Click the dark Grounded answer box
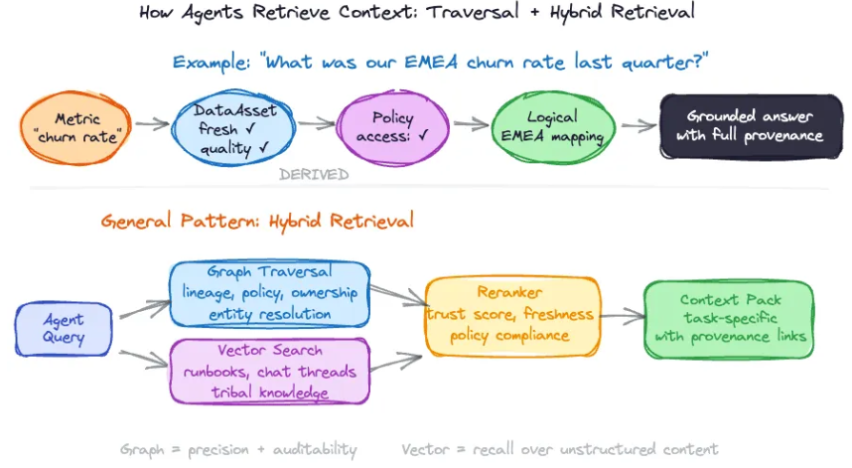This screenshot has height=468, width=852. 743,126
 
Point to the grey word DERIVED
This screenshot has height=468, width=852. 314,175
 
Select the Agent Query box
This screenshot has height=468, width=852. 64,329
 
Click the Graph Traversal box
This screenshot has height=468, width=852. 269,293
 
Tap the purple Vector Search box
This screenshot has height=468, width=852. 269,370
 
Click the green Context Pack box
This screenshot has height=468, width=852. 728,319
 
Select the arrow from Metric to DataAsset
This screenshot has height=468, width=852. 151,125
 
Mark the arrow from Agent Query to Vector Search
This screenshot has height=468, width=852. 143,359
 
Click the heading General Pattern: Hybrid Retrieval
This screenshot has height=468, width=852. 257,221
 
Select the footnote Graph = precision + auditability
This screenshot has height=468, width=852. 237,449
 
